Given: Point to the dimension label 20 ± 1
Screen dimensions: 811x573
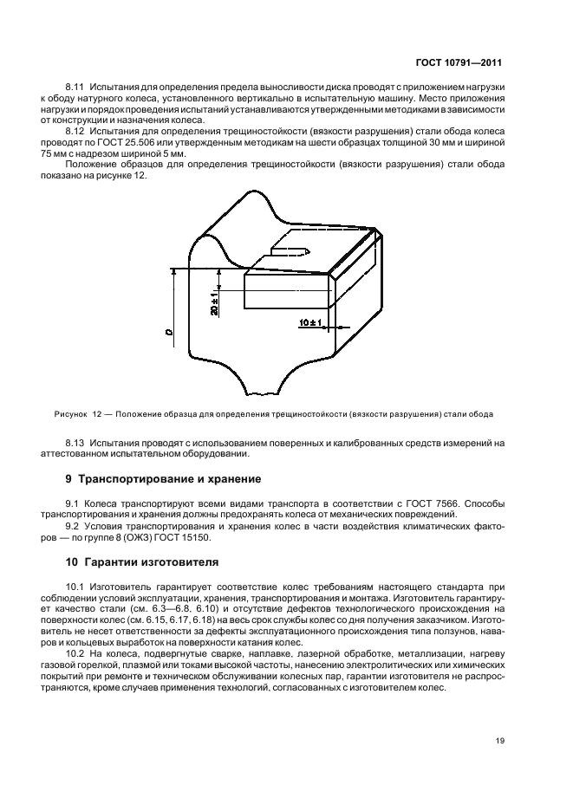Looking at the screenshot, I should (x=213, y=303).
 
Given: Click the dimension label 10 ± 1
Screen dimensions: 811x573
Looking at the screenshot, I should (x=309, y=323).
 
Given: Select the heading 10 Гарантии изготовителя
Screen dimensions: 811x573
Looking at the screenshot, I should (x=143, y=561).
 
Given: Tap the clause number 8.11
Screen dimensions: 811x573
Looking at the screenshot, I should (x=77, y=88).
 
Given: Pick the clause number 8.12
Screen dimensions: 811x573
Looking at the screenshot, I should (x=77, y=130).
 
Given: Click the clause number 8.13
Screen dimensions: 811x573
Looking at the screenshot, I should (x=77, y=442).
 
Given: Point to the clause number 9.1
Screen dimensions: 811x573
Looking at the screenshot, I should (x=73, y=503).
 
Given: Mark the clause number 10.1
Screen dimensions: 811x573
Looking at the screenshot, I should (x=75, y=587).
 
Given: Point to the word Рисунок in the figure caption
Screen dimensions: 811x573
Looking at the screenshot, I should (x=71, y=413).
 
